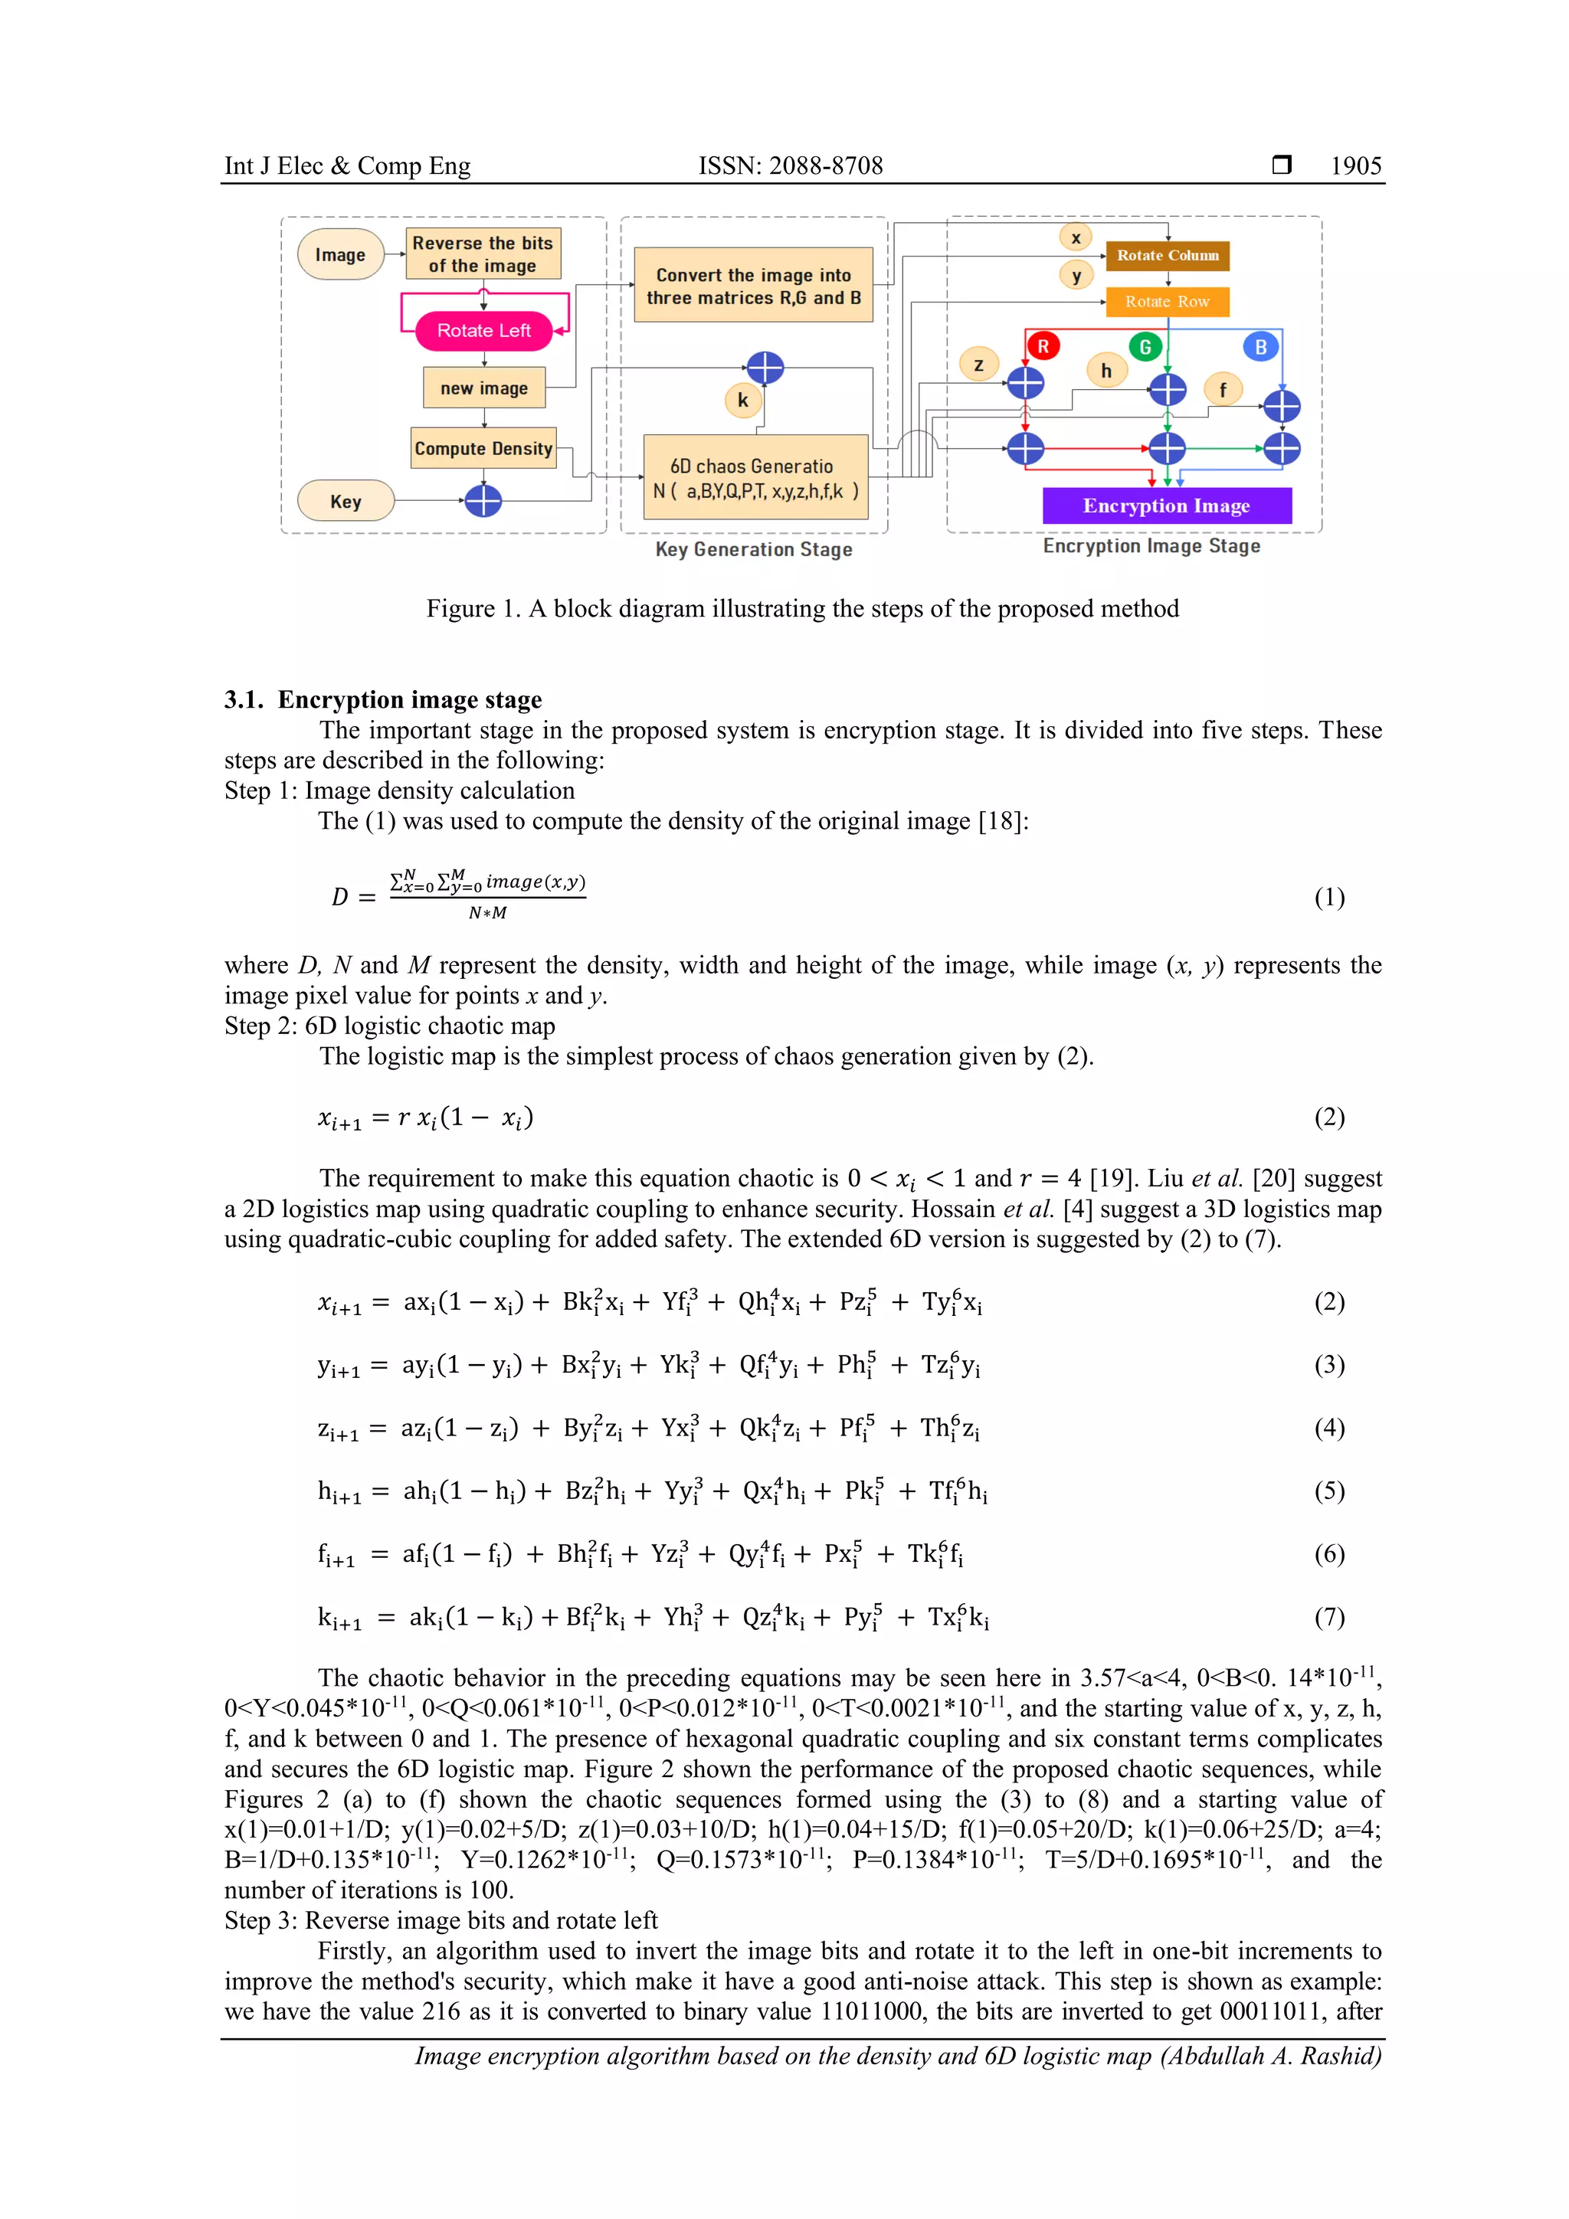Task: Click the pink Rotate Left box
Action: [483, 331]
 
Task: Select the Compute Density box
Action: [483, 448]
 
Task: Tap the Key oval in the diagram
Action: [345, 501]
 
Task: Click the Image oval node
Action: [340, 254]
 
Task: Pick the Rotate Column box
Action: [1167, 255]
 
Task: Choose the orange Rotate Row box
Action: [1167, 302]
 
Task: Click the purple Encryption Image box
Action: [1166, 506]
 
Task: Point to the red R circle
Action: [1042, 346]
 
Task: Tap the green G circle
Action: [1145, 346]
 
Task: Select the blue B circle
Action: [1259, 347]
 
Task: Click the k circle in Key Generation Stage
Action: [742, 400]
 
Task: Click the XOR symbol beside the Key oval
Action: [483, 501]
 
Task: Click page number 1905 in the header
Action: [1355, 166]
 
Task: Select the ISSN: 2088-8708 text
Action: [790, 166]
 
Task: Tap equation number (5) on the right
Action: [1328, 1491]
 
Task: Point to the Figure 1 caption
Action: [802, 608]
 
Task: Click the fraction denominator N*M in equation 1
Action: [487, 913]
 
